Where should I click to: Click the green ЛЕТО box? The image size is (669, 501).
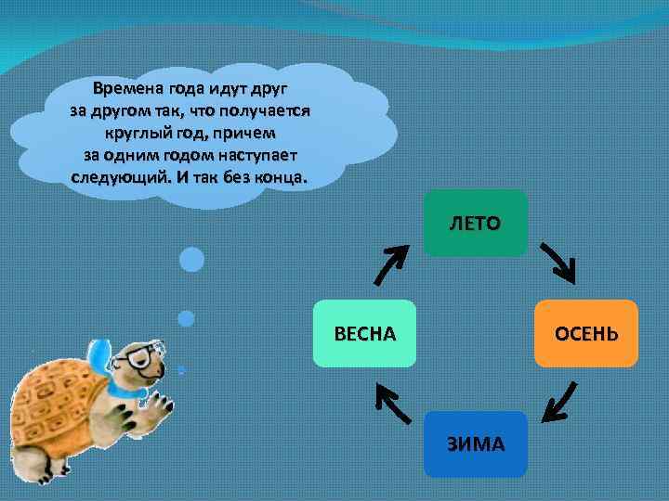(475, 223)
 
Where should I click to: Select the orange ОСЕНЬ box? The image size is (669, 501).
(585, 333)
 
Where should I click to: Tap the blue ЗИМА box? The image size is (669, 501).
(475, 443)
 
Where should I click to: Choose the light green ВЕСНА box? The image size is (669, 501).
(364, 333)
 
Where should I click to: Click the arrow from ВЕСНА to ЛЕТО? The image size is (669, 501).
(389, 264)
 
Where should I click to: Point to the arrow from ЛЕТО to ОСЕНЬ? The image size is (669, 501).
(559, 263)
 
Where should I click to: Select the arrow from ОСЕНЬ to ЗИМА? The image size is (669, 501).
(558, 404)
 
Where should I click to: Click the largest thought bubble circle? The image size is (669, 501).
(191, 259)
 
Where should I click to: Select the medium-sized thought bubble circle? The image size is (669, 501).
(186, 318)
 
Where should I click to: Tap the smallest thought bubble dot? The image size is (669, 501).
(181, 369)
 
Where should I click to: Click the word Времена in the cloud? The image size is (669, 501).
(128, 90)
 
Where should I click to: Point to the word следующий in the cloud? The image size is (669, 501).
(117, 176)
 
